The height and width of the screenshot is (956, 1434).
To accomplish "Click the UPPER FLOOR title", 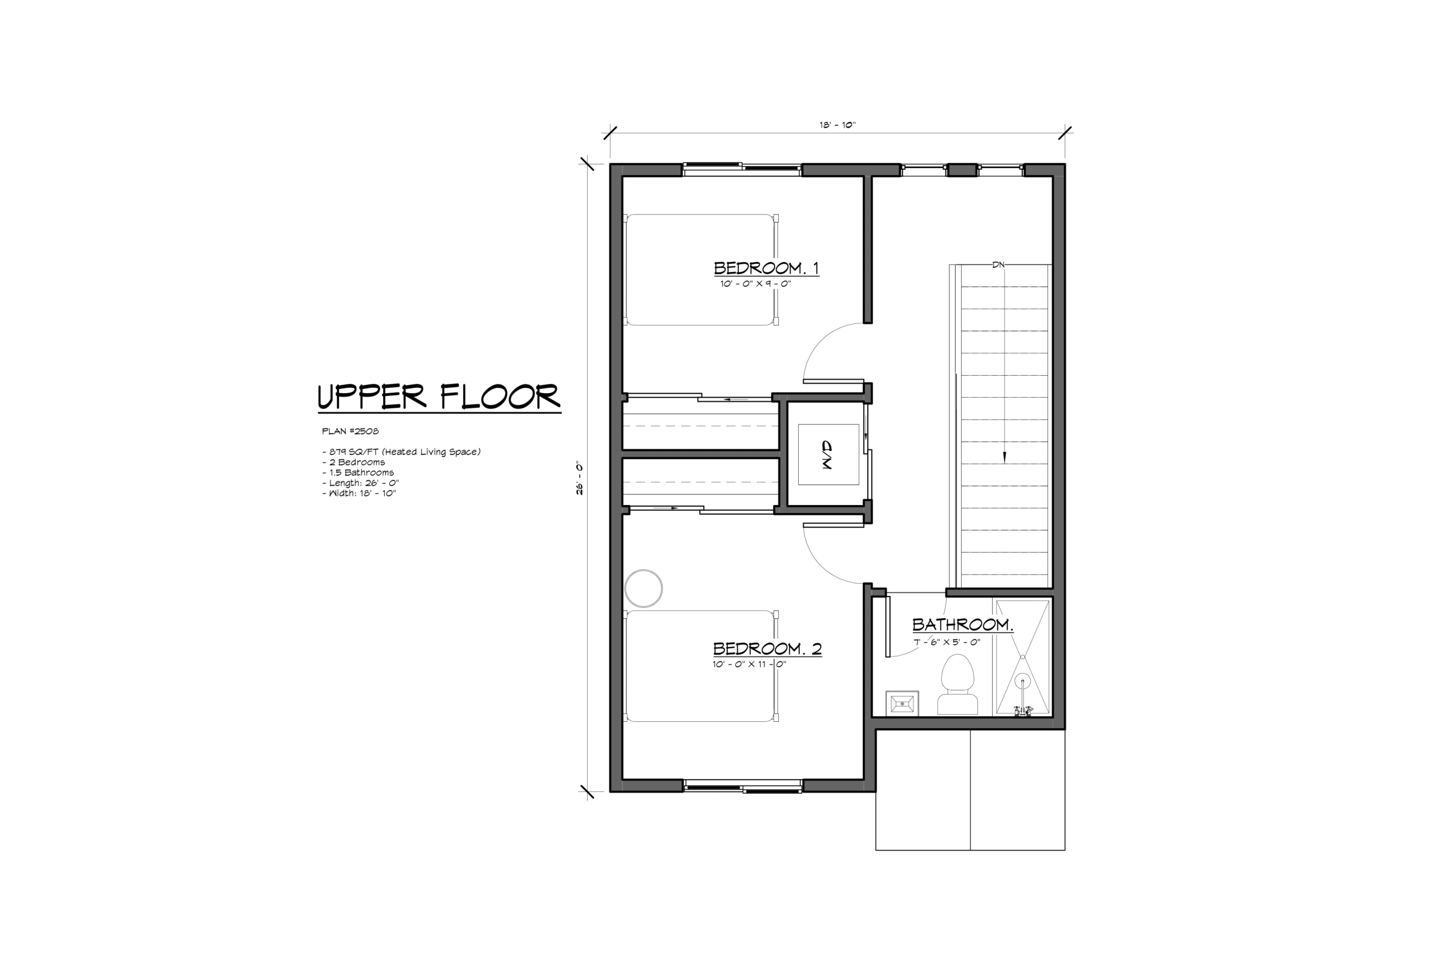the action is (439, 397).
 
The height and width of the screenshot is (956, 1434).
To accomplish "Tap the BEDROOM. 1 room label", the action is (766, 268).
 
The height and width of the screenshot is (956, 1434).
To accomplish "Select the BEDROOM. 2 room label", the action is (767, 648).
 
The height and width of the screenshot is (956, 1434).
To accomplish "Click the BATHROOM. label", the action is (963, 624).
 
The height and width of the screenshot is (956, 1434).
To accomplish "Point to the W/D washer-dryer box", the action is (828, 454).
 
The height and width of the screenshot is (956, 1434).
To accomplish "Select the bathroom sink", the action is (902, 703).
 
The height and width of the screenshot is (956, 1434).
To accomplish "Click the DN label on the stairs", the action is (998, 264).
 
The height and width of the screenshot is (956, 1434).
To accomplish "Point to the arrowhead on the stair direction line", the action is (1005, 457).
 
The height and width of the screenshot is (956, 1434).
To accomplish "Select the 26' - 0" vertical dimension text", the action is (580, 479).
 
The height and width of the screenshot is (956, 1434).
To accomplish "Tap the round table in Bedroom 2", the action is (644, 589).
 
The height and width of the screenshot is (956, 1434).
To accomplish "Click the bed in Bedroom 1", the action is (702, 269).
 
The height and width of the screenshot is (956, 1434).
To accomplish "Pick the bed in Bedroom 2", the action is (702, 666).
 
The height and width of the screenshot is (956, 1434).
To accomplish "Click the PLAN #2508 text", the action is (350, 431).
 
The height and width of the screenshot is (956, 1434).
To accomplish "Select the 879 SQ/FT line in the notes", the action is (401, 452).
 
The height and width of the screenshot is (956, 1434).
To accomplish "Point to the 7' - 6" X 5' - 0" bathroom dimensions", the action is (947, 642).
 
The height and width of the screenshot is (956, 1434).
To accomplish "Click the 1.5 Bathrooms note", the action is (358, 473).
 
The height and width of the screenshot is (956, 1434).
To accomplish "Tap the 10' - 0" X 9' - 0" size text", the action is (756, 283).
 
